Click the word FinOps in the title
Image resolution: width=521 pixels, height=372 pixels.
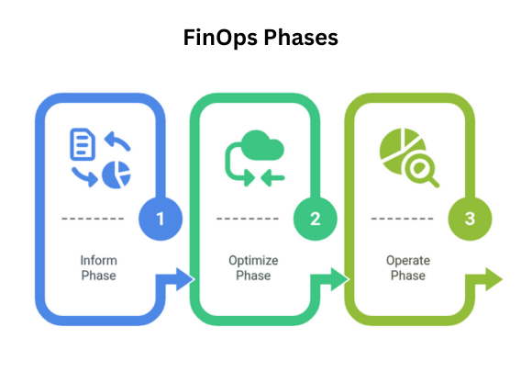pos(220,38)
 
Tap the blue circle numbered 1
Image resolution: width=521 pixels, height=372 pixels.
pos(161,219)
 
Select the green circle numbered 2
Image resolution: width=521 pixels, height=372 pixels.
pos(316,219)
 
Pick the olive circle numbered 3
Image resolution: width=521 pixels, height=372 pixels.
pos(470,219)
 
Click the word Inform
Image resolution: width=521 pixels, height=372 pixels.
pos(99,260)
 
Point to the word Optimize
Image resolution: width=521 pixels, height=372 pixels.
pos(253,261)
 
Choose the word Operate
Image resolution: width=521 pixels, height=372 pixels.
pos(408,261)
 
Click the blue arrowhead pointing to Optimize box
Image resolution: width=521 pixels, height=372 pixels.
pos(184,279)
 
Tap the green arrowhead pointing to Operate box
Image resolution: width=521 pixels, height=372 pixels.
pos(339,279)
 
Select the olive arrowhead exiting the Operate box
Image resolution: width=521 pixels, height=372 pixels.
pos(494,279)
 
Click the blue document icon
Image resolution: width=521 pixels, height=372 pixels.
pos(83,144)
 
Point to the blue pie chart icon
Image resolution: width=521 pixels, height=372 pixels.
pos(116,175)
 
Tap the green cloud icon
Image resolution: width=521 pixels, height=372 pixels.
pos(262,145)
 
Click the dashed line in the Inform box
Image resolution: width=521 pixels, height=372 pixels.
pos(93,219)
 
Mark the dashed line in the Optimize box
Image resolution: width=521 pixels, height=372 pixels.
pos(248,219)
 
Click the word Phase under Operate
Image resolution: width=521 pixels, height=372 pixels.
pos(408,276)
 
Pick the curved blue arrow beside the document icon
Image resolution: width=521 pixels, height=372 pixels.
pos(118,141)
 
